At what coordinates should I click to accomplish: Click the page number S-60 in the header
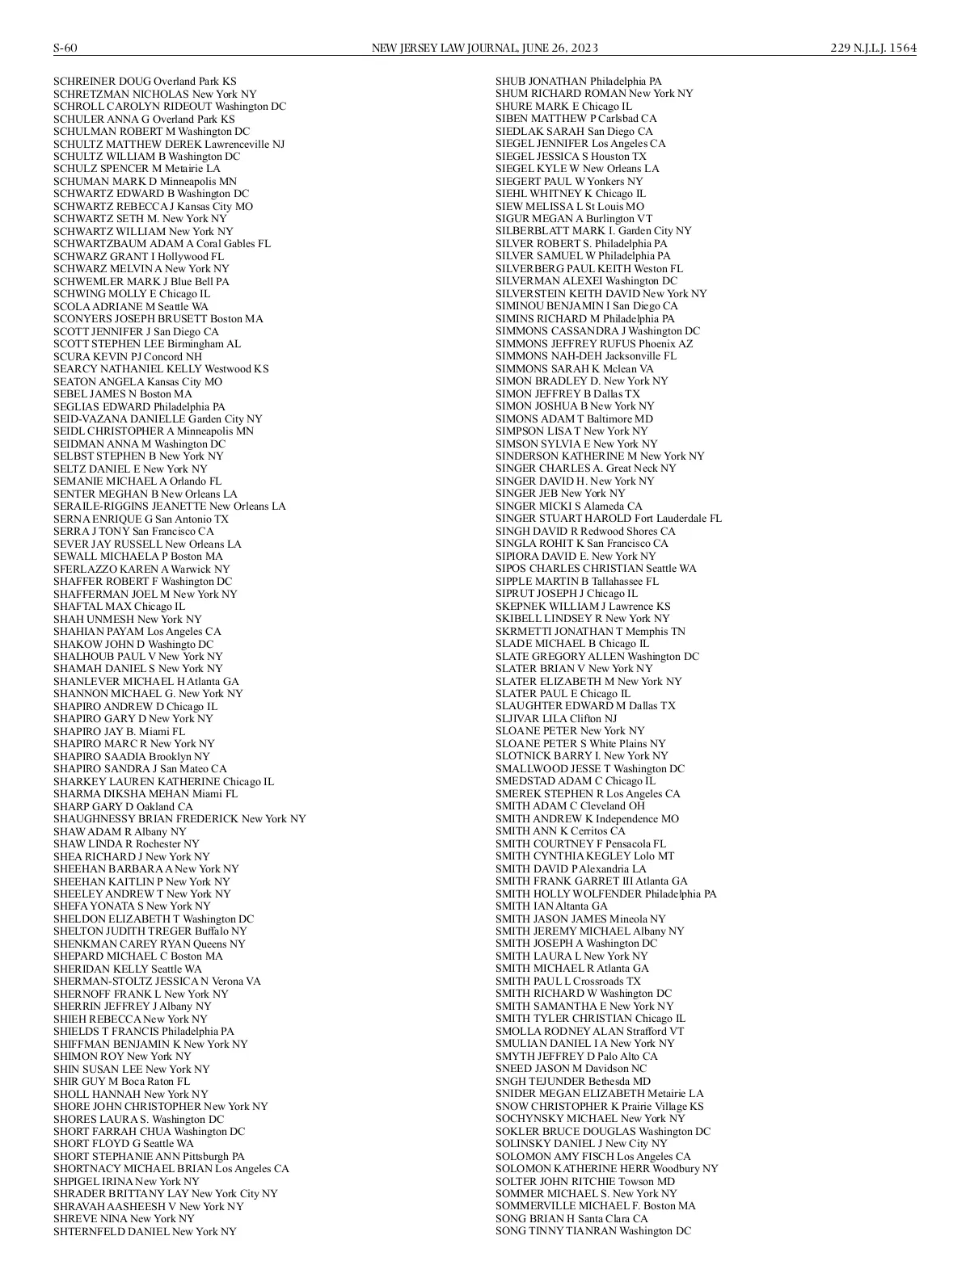65,48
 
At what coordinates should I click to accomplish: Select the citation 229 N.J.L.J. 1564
873,48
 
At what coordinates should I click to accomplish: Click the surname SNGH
512,1081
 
